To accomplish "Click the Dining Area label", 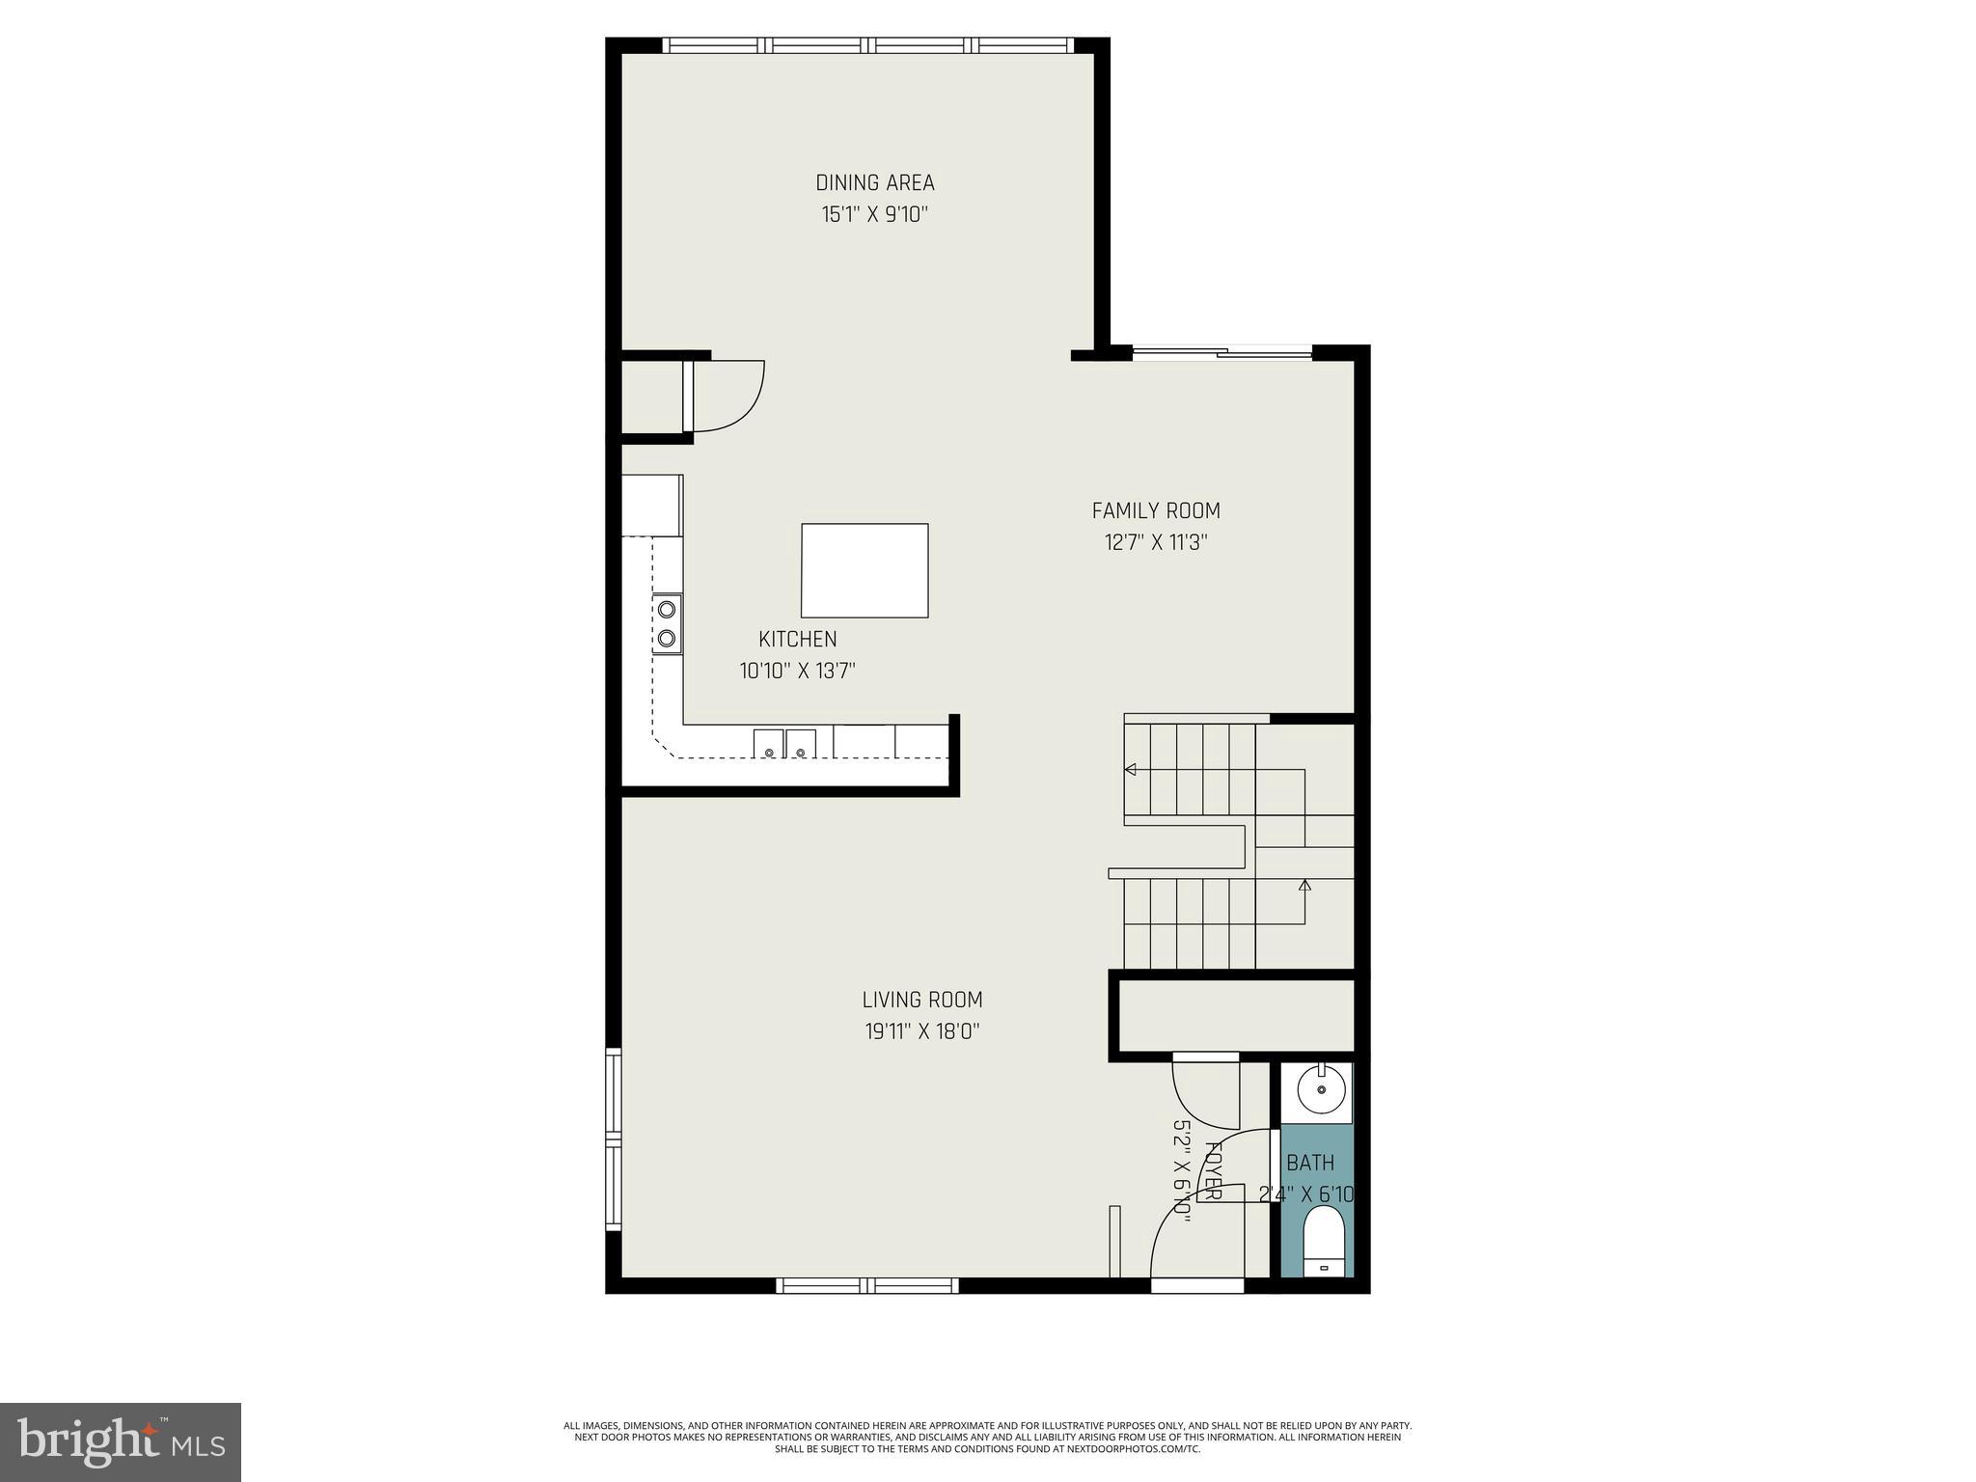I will pos(874,182).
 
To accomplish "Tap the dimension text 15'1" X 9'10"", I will pos(874,214).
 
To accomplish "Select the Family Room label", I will pos(1155,510).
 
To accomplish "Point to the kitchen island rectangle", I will pos(864,570).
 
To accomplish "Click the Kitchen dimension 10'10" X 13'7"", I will pos(797,671).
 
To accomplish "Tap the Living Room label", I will pos(921,1000).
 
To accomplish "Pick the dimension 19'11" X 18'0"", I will pos(921,1031).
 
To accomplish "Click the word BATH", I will pos(1309,1163).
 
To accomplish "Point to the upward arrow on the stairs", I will pos(1304,885).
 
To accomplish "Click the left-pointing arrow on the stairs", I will pos(1130,769).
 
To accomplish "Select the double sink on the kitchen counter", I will pos(783,743).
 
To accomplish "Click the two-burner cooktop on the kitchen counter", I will pos(666,623).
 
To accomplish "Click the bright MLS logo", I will pos(121,1442).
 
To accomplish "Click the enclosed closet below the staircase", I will pos(1235,1015).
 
